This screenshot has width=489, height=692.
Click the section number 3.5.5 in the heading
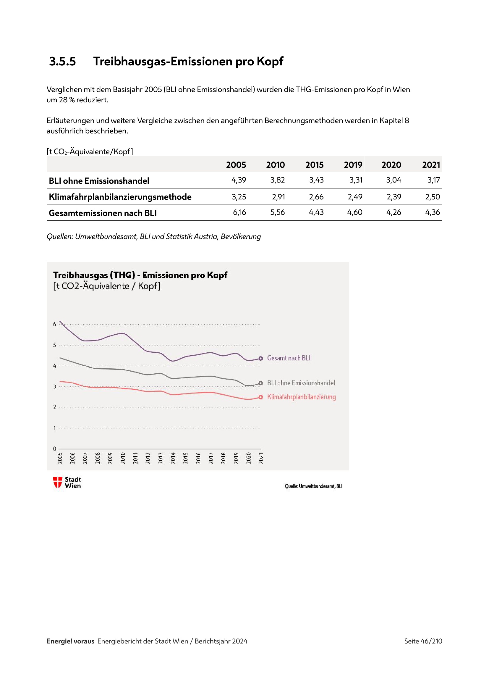[63, 62]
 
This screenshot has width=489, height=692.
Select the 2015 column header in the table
[314, 165]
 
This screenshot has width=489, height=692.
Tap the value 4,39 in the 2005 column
[239, 180]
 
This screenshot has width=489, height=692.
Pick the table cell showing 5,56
[277, 212]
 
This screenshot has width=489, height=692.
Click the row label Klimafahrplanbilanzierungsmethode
[120, 197]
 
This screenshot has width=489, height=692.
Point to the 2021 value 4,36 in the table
[433, 212]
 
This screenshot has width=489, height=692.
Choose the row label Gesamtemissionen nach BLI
[103, 213]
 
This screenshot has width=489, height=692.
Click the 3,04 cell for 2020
[394, 180]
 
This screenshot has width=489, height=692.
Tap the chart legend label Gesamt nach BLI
[289, 358]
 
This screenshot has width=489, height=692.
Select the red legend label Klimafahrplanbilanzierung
[301, 397]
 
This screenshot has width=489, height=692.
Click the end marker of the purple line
[261, 358]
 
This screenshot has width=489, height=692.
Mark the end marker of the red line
[261, 397]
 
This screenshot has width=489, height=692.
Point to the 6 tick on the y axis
[54, 324]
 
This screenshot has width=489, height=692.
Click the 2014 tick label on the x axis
[173, 458]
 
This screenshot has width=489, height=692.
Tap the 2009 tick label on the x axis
[110, 458]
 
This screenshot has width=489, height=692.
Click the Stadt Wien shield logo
[58, 482]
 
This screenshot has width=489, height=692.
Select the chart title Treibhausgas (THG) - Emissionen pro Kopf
[140, 275]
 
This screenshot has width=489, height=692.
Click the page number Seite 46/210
[423, 641]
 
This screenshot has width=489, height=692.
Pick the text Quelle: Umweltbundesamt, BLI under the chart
[313, 486]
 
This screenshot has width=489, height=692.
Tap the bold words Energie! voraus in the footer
[70, 641]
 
